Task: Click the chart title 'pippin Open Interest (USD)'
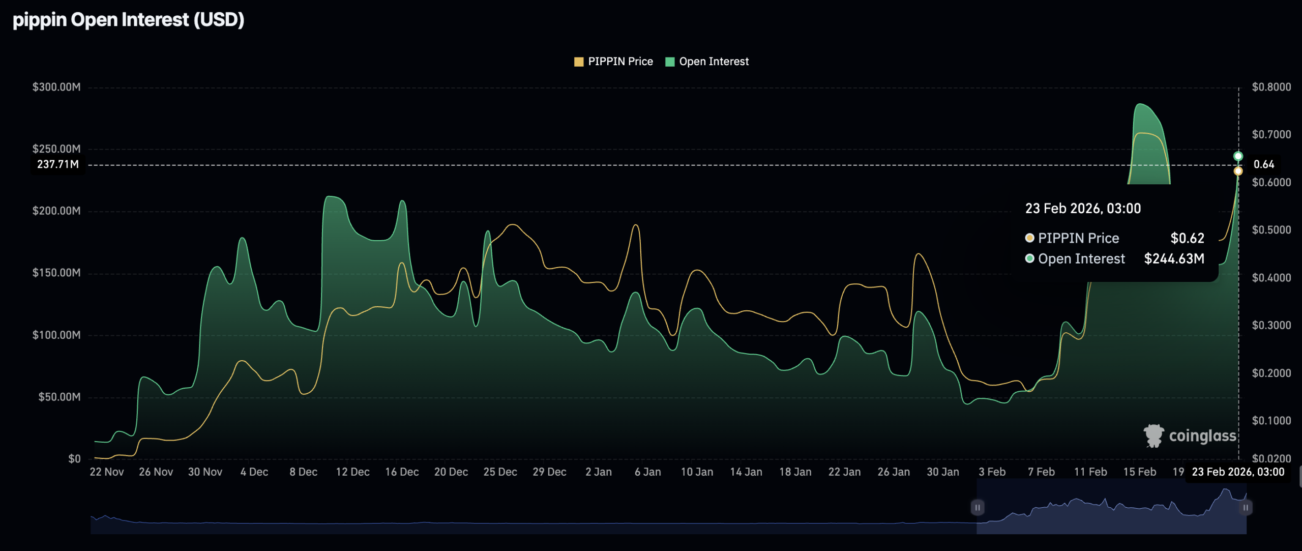(x=128, y=20)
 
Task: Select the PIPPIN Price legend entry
(x=613, y=62)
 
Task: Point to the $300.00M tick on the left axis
(x=56, y=87)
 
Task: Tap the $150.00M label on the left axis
(x=56, y=273)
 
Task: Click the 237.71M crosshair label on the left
(x=58, y=164)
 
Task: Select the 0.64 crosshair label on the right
(x=1263, y=164)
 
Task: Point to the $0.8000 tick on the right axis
(x=1271, y=87)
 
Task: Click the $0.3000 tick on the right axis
(x=1271, y=325)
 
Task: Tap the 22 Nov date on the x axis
(x=107, y=472)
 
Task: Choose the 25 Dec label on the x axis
(x=500, y=472)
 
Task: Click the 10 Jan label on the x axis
(x=697, y=472)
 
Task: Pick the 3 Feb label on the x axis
(x=992, y=472)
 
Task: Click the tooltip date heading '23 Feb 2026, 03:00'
(x=1083, y=209)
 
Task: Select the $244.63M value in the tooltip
(x=1174, y=258)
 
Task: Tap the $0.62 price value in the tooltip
(x=1187, y=238)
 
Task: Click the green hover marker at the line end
(x=1238, y=156)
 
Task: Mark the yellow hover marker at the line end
(x=1238, y=171)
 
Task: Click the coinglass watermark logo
(x=1190, y=436)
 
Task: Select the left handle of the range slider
(x=977, y=507)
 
